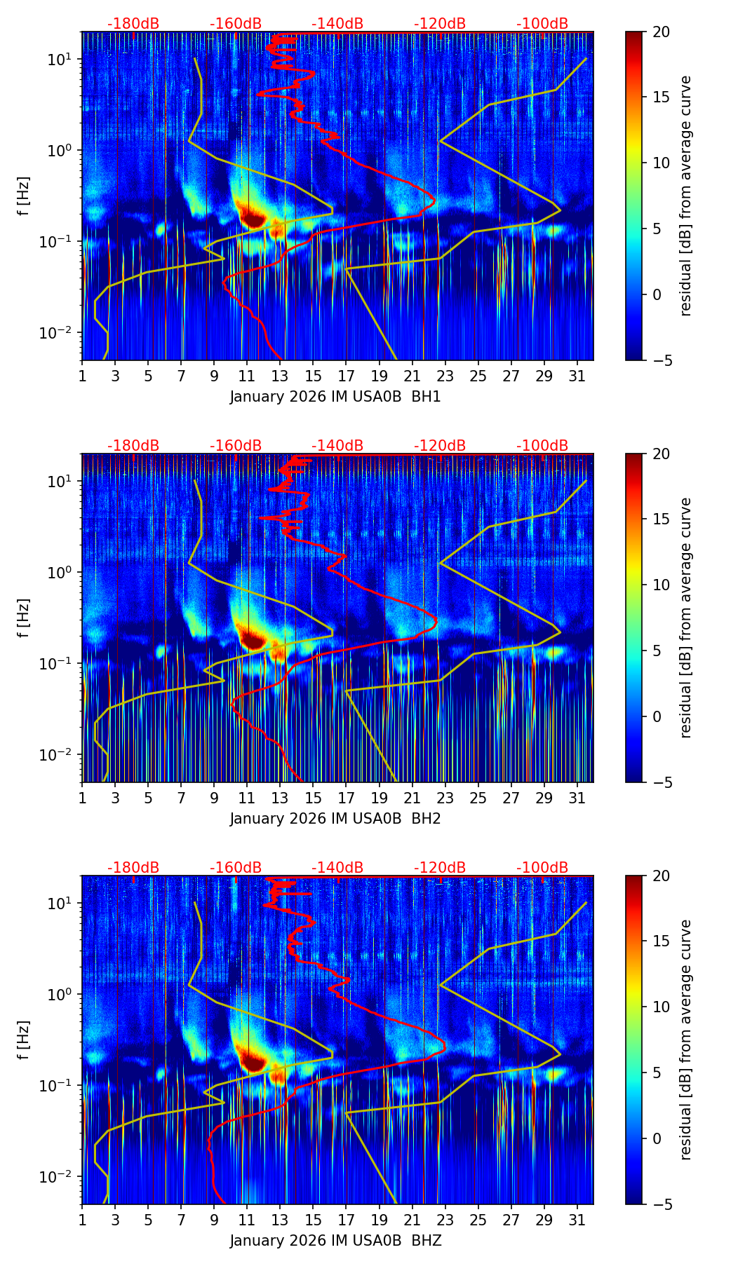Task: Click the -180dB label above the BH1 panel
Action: tap(133, 24)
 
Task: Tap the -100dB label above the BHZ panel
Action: tap(542, 868)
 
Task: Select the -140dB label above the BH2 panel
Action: tap(337, 446)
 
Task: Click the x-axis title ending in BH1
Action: tap(335, 397)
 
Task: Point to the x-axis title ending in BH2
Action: tap(335, 819)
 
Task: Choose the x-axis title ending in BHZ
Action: tap(335, 1241)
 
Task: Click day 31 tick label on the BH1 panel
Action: tap(577, 376)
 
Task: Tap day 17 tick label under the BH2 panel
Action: tap(347, 798)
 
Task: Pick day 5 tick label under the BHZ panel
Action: tap(149, 1220)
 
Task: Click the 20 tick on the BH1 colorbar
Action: tap(662, 32)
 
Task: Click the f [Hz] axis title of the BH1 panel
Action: tap(25, 196)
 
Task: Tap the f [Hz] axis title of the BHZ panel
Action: tap(25, 1040)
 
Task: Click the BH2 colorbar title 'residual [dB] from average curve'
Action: tap(686, 618)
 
